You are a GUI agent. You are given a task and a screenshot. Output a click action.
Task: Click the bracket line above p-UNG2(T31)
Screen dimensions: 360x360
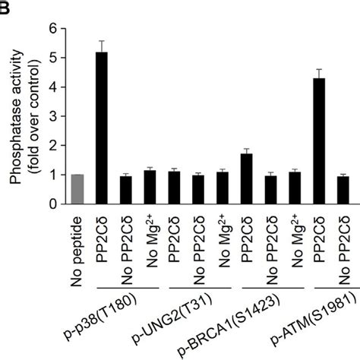(197, 289)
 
